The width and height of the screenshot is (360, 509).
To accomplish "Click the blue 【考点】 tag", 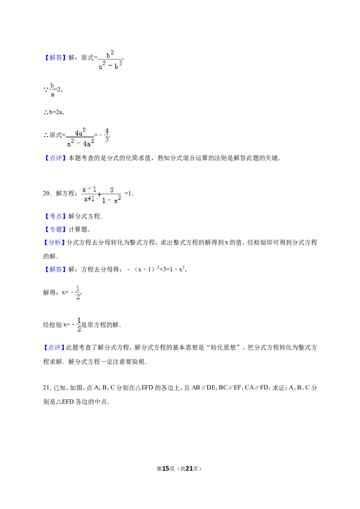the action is pos(55,216).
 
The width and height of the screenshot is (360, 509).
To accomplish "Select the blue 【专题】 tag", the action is pos(55,229).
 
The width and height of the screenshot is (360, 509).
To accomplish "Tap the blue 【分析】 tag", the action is pos(54,242).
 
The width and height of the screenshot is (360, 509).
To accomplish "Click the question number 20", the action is pos(46,193).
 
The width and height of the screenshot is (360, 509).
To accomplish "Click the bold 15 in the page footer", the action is pos(166,469).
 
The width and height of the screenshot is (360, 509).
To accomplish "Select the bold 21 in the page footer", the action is pos(189,469).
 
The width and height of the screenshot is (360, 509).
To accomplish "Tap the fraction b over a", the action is pos(52,89).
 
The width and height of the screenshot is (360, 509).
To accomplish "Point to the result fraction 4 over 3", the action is pos(107,135).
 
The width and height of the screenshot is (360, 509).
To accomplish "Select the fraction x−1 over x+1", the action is pos(90,194).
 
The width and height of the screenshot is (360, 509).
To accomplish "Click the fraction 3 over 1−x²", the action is pos(112,195).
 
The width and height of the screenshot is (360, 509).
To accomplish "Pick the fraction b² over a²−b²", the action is pos(110,60).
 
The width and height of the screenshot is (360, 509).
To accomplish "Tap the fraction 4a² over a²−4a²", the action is pos(80,138).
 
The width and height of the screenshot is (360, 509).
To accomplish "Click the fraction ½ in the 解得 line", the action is pos(78,292).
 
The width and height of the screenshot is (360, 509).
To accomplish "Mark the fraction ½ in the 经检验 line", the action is pos(79,325).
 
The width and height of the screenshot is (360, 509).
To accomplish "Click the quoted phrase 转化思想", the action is pos(223,347).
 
